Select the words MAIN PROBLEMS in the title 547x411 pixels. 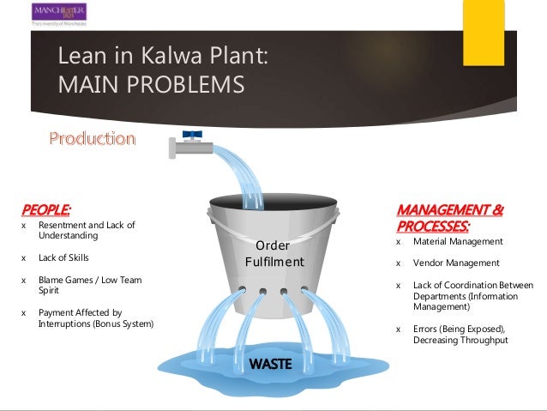(150, 85)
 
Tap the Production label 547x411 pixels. (92, 138)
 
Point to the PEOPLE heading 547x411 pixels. (45, 209)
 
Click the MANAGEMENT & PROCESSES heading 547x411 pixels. (449, 217)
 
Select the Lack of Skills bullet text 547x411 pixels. (63, 257)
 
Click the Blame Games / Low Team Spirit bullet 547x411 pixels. (89, 286)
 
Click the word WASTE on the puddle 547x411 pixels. (270, 364)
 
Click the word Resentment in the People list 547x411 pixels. (63, 225)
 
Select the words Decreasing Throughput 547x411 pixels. (460, 340)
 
